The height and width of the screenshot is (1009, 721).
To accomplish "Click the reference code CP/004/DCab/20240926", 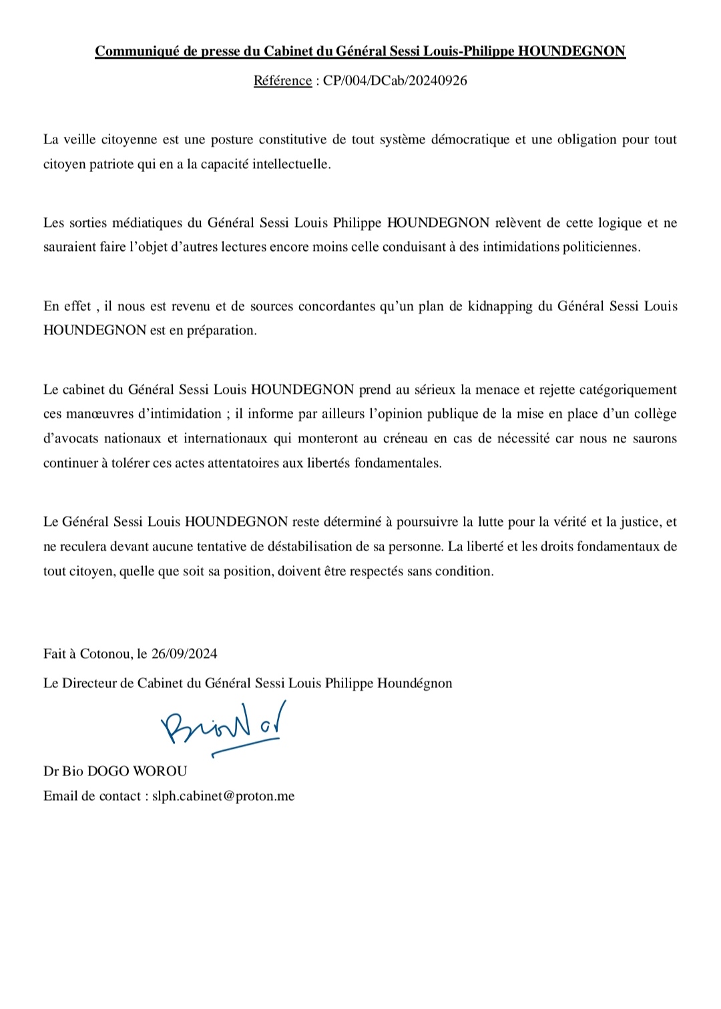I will (395, 81).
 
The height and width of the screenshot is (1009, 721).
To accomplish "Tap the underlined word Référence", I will (282, 81).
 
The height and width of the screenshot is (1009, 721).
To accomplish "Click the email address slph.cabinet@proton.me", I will (223, 796).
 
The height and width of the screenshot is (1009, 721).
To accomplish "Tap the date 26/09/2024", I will (184, 654).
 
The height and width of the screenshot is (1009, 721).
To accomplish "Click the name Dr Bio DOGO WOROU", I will (115, 771).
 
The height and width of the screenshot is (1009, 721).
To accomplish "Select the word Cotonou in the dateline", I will (105, 654).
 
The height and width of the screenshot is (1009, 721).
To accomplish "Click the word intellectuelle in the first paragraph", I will (291, 164).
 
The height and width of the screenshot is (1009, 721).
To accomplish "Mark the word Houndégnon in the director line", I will (415, 683).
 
